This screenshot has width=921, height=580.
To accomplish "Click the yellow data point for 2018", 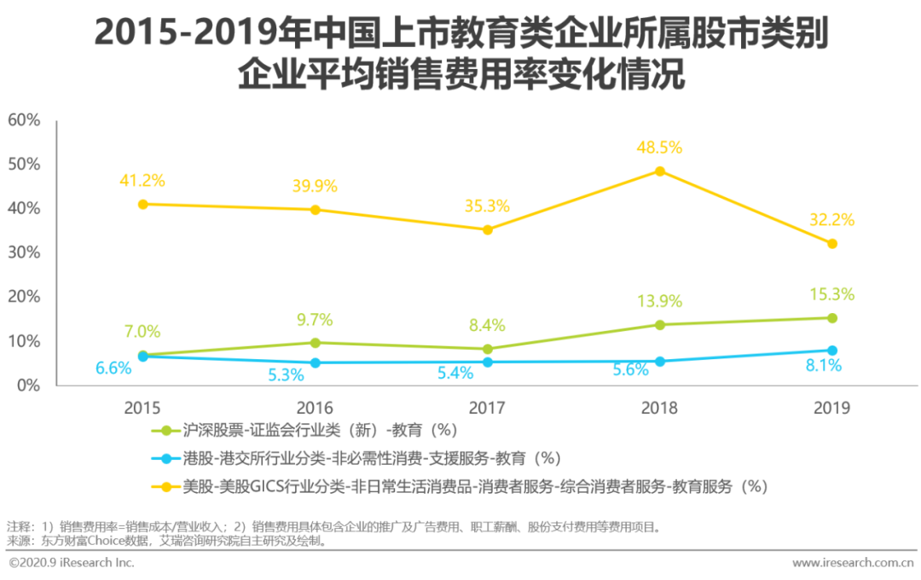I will [x=659, y=171].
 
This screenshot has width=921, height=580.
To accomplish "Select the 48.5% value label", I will [x=659, y=148].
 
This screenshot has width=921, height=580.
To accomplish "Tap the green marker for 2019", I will [x=832, y=318].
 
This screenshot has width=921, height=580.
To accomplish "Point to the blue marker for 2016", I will [x=316, y=362].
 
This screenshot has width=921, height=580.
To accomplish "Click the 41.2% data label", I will [x=142, y=181].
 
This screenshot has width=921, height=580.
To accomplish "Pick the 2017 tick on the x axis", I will [x=487, y=408].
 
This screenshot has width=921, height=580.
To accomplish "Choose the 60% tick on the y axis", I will [x=24, y=120].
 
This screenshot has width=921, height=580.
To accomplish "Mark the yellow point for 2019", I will [x=832, y=244].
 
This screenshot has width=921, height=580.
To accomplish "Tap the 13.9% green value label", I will [x=659, y=301].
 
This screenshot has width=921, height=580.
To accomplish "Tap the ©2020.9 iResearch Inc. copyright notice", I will [x=72, y=563].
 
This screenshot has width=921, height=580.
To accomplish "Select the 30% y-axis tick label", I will [x=24, y=252].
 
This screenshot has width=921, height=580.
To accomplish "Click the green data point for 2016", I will [x=316, y=343].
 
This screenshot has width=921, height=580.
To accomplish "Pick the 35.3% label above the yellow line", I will [x=487, y=206].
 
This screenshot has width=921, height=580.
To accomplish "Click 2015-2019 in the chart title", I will [x=176, y=34].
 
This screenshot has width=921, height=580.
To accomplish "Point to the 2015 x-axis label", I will [x=142, y=408].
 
